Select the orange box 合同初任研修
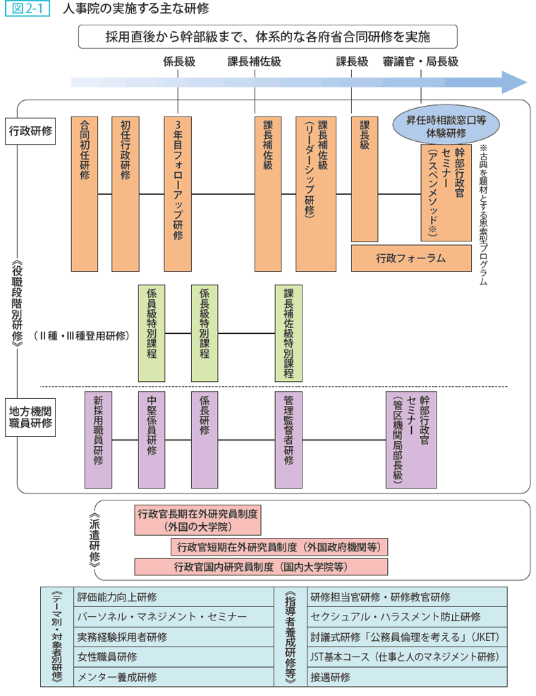coord(84,193)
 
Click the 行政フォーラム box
coord(410,258)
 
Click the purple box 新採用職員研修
coord(98,439)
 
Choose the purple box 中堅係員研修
coord(152,439)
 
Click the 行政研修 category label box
coord(30,131)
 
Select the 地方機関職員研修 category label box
coord(30,416)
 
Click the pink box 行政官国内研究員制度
coord(260,566)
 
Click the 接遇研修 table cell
coord(406,676)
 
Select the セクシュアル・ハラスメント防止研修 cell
coord(406,616)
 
